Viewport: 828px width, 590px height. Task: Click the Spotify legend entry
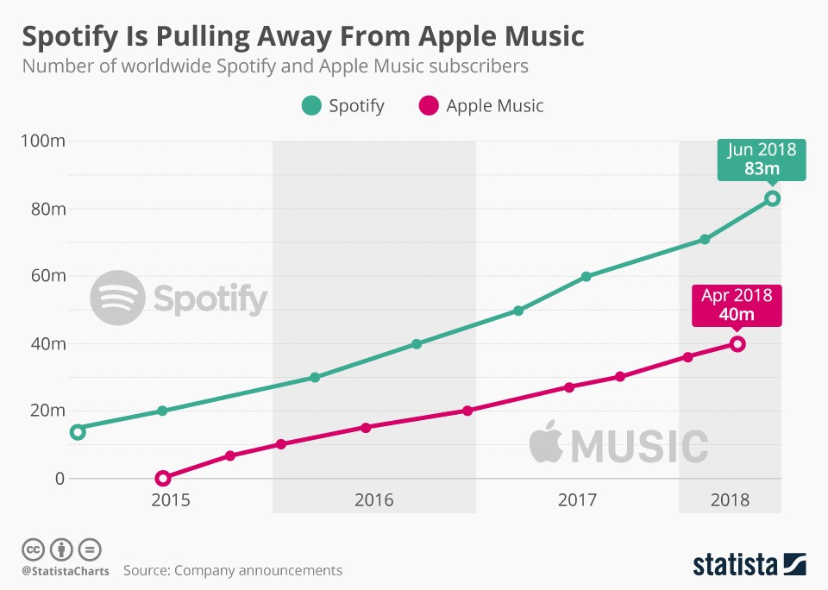click(342, 106)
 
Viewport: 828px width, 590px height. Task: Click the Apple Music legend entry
click(481, 106)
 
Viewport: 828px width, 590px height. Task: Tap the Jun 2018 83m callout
click(762, 160)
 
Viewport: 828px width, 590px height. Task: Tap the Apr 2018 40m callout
click(737, 304)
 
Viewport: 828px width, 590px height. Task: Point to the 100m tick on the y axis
click(44, 141)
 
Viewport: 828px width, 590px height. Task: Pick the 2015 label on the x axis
click(171, 500)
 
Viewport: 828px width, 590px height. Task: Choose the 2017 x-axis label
click(577, 500)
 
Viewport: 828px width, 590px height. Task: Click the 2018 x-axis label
click(730, 500)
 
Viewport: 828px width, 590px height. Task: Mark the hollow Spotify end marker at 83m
click(773, 198)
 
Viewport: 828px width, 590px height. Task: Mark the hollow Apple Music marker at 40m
click(737, 344)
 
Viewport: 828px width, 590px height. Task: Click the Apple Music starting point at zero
click(163, 478)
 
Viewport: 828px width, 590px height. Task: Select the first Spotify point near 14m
click(77, 431)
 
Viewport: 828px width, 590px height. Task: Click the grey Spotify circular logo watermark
click(117, 298)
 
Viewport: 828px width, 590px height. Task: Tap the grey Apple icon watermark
click(545, 443)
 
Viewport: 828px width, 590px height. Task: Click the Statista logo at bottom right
click(749, 564)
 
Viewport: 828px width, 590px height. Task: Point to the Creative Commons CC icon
click(33, 549)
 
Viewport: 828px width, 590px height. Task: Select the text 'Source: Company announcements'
click(233, 570)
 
